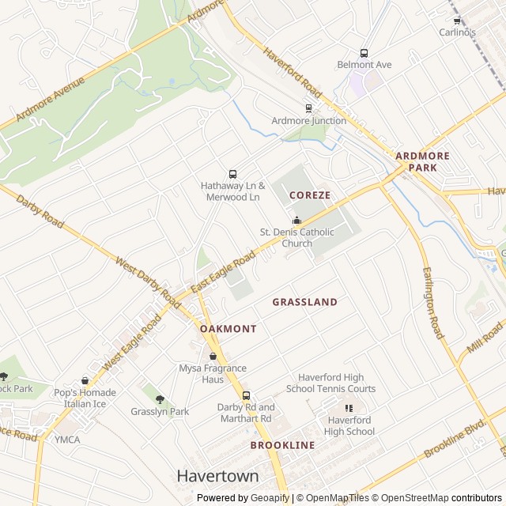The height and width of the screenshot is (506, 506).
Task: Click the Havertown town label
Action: pos(217,476)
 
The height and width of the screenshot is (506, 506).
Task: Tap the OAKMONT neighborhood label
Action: pos(228,328)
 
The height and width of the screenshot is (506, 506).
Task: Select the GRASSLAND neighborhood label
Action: pos(304,302)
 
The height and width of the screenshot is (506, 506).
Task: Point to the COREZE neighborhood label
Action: pos(309,194)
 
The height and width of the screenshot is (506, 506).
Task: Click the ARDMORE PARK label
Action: pos(422,162)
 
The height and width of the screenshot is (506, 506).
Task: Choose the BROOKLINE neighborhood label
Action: pos(282,445)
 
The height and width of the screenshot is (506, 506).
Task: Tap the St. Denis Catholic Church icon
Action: pos(297,220)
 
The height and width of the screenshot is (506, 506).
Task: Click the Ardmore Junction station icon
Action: pos(308,108)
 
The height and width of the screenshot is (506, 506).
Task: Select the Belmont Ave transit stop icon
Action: pos(364,52)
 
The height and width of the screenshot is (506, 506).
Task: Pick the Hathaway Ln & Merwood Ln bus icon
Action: pos(232,174)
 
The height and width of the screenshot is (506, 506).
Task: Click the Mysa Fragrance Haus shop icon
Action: pos(212,356)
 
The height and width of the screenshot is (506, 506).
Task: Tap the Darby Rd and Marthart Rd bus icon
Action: pos(245,395)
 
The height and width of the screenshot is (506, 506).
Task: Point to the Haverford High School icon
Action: pos(349,408)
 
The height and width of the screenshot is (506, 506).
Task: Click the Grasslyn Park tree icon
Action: pos(160,399)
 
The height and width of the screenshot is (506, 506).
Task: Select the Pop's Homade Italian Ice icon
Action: pos(85,381)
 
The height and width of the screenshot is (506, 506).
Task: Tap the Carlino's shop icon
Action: pos(457,21)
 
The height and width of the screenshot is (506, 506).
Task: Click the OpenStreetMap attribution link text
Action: pos(410,498)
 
